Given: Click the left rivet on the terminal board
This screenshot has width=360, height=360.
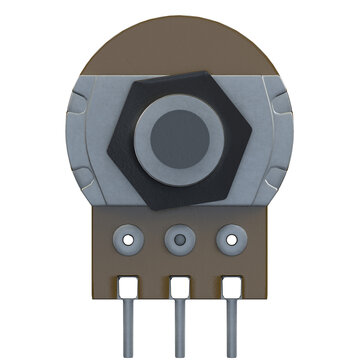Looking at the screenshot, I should pyautogui.click(x=127, y=239).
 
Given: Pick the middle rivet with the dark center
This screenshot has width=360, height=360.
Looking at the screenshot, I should pyautogui.click(x=180, y=239).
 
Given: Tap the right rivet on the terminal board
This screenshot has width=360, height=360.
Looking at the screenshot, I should pyautogui.click(x=233, y=239).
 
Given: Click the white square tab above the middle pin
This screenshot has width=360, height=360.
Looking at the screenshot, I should pyautogui.click(x=181, y=287).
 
